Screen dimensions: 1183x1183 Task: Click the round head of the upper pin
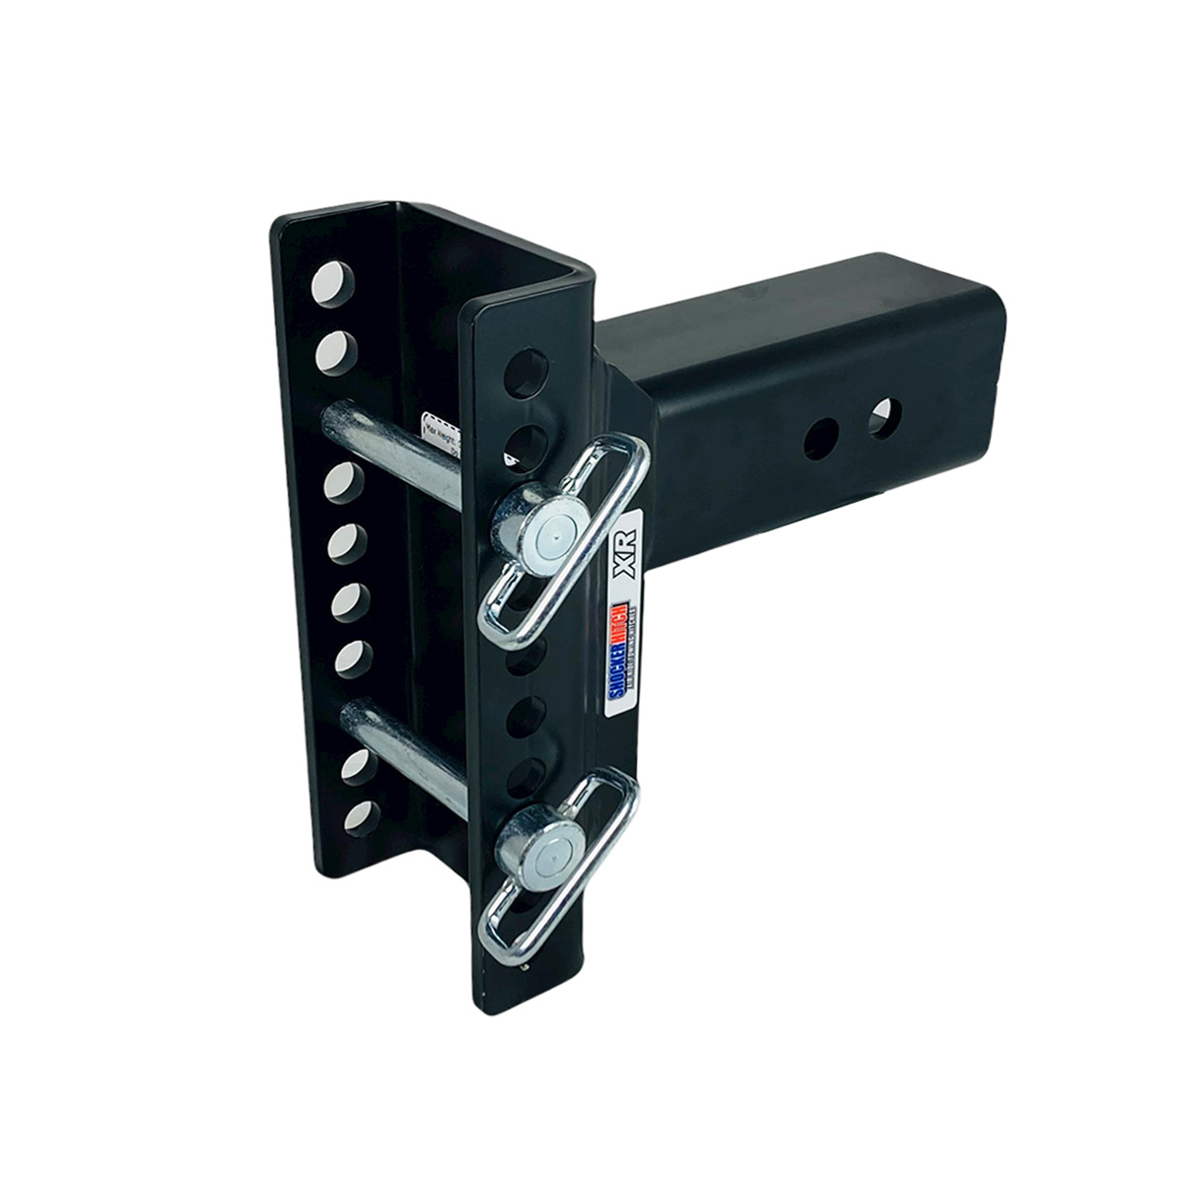pyautogui.click(x=540, y=534)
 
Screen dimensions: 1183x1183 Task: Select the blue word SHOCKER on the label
pyautogui.click(x=613, y=670)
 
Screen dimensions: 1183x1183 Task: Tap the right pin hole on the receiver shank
pyautogui.click(x=883, y=415)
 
